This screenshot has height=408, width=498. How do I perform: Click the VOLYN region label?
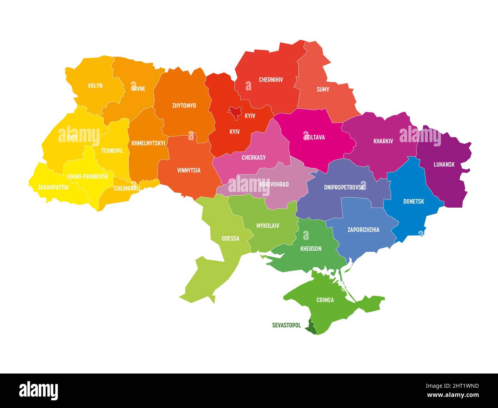(95, 86)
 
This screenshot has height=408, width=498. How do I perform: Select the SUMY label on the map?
(323, 90)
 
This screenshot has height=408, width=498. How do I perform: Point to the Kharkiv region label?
(383, 141)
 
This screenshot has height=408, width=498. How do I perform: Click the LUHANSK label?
(444, 164)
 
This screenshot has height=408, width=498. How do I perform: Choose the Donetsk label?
(413, 201)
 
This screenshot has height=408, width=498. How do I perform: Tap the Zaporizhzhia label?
(363, 230)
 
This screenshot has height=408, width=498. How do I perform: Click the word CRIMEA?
(325, 300)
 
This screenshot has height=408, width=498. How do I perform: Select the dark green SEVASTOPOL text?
(286, 325)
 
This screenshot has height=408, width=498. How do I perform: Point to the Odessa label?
(230, 239)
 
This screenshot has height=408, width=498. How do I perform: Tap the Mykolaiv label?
(267, 226)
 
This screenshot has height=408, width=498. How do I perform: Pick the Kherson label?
(311, 249)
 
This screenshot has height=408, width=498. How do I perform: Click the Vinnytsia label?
(188, 170)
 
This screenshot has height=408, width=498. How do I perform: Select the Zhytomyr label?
(184, 105)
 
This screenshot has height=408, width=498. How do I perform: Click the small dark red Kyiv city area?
(233, 111)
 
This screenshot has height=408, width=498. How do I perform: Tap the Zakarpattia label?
(53, 187)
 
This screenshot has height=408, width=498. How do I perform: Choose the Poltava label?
(315, 137)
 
